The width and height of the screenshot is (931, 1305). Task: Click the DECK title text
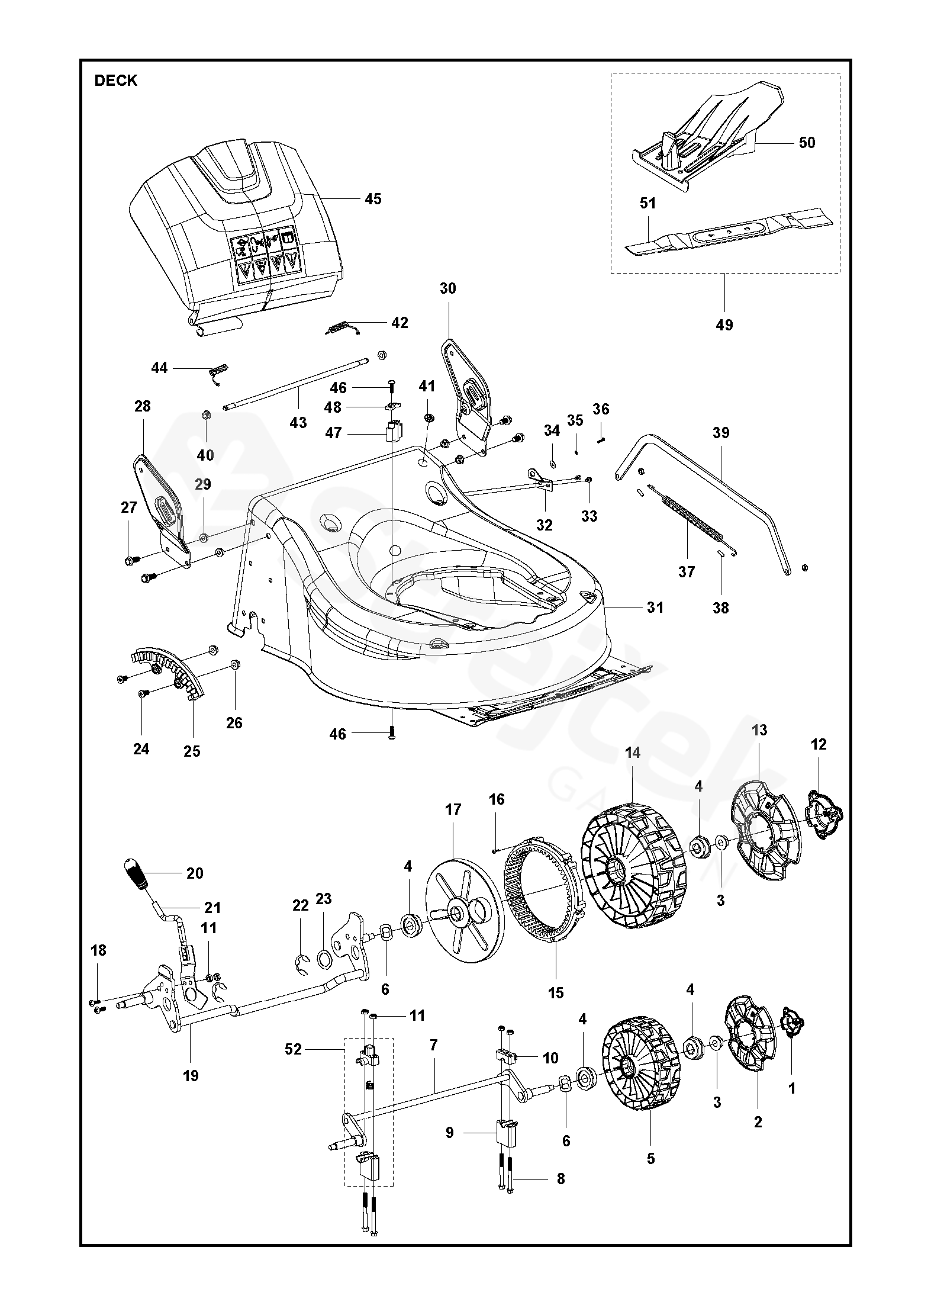point(116,81)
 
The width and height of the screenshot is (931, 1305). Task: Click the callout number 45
point(373,199)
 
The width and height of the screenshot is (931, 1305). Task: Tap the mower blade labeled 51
point(729,234)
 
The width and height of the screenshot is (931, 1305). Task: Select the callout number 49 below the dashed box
point(724,325)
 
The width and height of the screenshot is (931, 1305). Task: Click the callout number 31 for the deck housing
point(655,607)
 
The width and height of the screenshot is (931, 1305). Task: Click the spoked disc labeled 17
point(465,925)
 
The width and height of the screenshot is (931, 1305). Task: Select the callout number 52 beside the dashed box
point(293,1050)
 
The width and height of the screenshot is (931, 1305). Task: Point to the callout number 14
point(633,753)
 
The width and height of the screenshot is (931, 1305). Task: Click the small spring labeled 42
point(343,327)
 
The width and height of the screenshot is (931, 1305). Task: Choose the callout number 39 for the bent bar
point(721,433)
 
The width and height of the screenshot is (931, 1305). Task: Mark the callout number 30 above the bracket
point(448,288)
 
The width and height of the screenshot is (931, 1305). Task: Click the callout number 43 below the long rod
point(298,423)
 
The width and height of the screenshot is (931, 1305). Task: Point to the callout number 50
point(807,143)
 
